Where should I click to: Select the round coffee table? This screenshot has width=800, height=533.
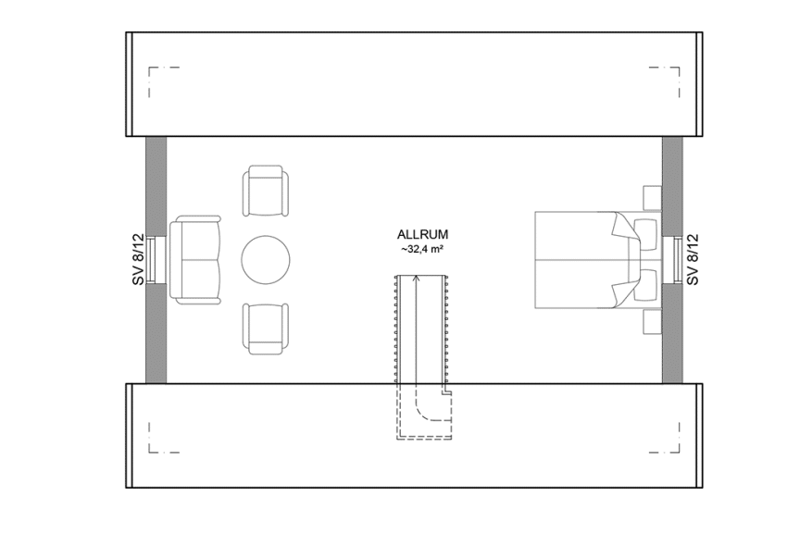click(265, 259)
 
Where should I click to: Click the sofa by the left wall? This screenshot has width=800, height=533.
click(195, 259)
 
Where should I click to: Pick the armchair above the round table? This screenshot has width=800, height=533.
click(264, 192)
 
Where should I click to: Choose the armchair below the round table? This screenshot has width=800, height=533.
click(264, 328)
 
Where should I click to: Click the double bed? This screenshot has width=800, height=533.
click(583, 259)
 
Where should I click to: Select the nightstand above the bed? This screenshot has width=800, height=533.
click(651, 197)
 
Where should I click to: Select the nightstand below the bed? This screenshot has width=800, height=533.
click(651, 322)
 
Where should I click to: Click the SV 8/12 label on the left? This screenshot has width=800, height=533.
click(136, 259)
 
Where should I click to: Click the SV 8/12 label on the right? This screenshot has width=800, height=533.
click(694, 259)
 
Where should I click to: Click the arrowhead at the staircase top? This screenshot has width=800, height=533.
click(416, 278)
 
